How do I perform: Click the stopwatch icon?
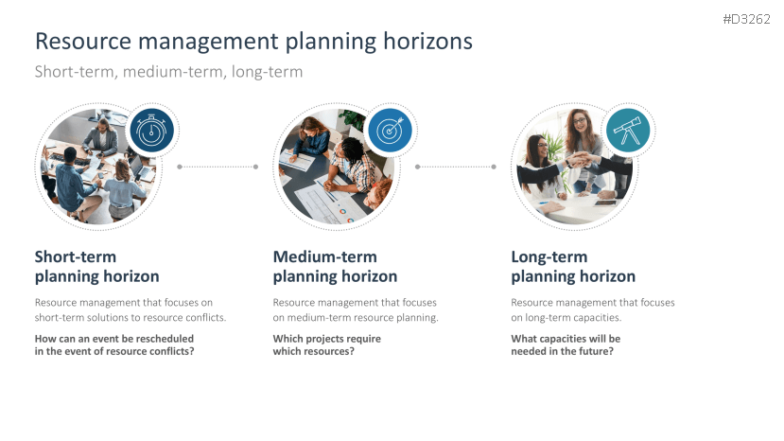[151, 131]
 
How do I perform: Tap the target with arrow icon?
[390, 131]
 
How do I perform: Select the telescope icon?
[628, 131]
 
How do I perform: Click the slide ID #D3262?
[746, 19]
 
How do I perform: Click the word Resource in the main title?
[83, 41]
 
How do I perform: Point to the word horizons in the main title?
[428, 41]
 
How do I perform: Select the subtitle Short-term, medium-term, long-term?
[168, 72]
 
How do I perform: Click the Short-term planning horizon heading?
[97, 267]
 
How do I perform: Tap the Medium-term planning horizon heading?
[335, 267]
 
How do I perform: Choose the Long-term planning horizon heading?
[573, 267]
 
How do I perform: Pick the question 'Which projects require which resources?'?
[327, 344]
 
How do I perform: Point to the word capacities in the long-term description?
[597, 318]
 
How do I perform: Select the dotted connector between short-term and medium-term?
[218, 167]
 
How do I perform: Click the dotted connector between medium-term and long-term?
[456, 167]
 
